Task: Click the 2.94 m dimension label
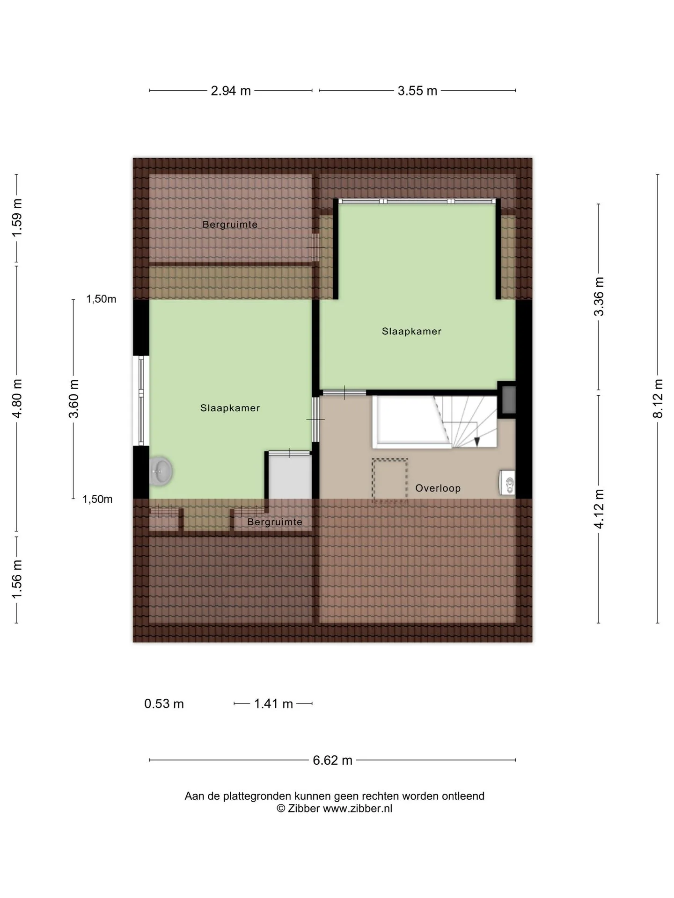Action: point(231,91)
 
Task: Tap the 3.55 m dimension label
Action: point(418,91)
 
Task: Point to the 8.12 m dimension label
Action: point(659,398)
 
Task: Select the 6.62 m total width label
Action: point(332,760)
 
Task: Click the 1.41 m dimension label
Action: point(273,703)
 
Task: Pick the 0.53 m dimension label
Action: point(164,703)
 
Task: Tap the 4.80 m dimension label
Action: point(17,398)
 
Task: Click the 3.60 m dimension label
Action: point(73,399)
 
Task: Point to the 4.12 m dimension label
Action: point(599,509)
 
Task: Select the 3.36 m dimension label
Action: point(599,297)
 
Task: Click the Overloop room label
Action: point(438,488)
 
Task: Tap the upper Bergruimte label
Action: point(230,224)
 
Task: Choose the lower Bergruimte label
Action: point(275,522)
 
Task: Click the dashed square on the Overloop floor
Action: point(390,481)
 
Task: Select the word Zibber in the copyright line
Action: point(304,808)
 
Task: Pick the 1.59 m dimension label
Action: point(17,218)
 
